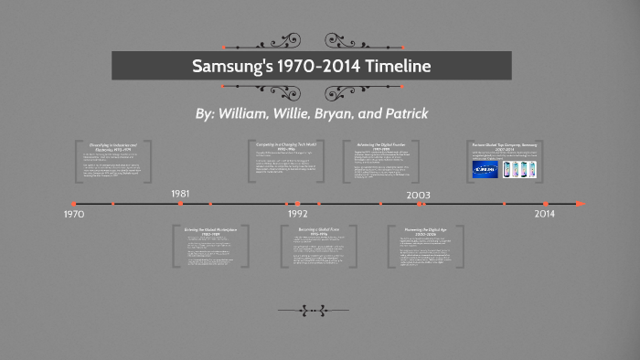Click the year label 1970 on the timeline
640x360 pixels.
tap(75, 213)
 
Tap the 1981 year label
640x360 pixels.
tap(180, 194)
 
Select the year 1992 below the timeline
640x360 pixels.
tap(297, 213)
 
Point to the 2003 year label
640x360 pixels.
tap(419, 195)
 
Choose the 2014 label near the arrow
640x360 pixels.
tap(545, 213)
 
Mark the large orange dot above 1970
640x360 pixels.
tap(75, 203)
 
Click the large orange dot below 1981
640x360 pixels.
tap(180, 203)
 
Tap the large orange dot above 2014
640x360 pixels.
tap(545, 204)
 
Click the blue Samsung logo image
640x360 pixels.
tap(485, 170)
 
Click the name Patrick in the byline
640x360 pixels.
tap(401, 114)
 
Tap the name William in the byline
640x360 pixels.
tap(250, 114)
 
